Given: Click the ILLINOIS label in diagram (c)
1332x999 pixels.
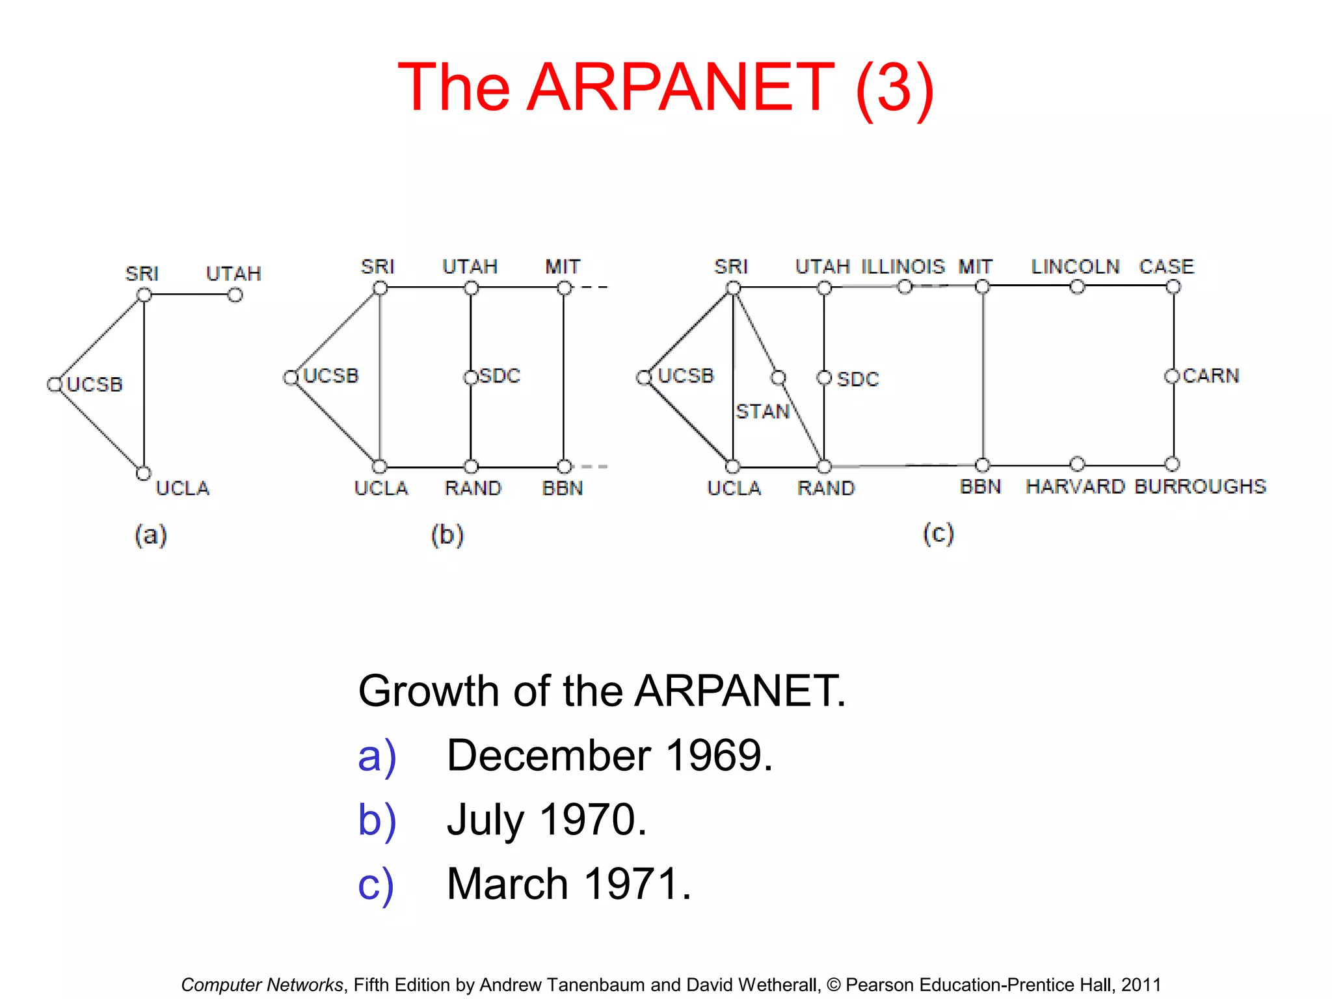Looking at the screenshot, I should pos(903,267).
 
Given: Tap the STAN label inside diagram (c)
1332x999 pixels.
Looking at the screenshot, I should pos(762,412).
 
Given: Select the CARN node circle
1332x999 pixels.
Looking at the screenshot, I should pos(1172,376).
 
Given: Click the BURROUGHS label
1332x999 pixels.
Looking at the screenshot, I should pos(1200,486).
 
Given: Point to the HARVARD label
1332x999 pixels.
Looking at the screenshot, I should pos(1075,486).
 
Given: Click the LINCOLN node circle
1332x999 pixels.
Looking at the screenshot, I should pos(1077,287).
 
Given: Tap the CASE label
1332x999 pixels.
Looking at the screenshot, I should pos(1166,267).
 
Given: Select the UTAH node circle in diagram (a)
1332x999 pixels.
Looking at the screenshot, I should pos(235,295).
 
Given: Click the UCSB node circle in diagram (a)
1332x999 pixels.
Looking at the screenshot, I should pos(55,384).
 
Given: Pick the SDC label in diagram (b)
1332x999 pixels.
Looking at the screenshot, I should pos(499,376).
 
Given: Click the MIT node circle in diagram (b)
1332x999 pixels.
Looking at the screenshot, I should pos(565,287).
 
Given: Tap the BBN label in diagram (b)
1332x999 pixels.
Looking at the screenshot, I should pos(563,488).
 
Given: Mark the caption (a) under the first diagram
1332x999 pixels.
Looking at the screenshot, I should pos(151,535).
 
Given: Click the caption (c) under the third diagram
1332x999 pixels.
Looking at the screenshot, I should pos(938,534).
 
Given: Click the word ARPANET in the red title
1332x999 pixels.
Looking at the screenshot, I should pos(680,87).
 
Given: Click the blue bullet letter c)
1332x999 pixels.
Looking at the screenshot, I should pos(376,885).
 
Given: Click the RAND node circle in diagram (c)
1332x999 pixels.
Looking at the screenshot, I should pos(824,466).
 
